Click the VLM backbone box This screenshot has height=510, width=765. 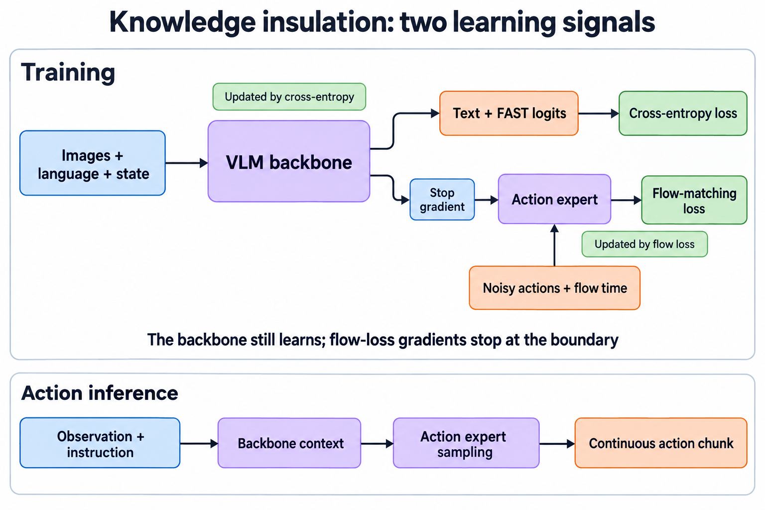289,161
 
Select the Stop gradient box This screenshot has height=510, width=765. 442,200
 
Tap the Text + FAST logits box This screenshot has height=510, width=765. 509,114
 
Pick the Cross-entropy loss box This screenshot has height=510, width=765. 683,114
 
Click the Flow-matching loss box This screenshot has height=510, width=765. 694,200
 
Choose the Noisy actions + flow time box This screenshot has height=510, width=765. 555,288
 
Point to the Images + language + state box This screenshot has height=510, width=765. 93,163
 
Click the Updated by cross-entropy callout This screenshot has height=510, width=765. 289,97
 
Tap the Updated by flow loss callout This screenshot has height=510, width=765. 644,244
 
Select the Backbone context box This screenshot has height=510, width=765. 289,443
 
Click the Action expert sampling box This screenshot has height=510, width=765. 466,443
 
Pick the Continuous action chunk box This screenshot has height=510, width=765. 661,443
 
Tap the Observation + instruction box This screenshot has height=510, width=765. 100,443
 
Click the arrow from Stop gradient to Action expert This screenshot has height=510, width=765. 486,200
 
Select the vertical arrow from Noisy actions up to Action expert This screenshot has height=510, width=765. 555,245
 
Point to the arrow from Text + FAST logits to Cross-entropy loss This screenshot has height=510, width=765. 598,114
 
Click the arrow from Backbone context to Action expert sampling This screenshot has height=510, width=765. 377,444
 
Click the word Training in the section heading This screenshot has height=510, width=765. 68,73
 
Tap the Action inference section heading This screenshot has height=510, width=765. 100,393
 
